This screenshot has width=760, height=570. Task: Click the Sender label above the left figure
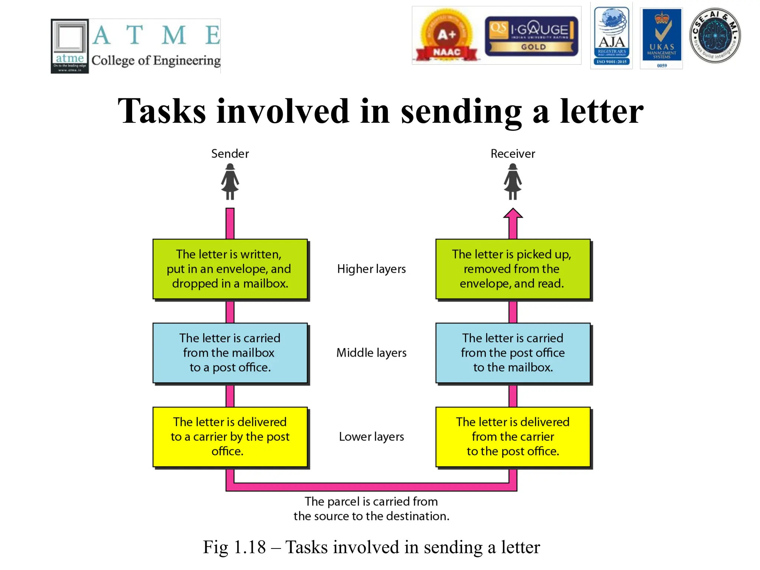click(x=230, y=154)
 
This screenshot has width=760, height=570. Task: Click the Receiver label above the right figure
click(x=512, y=154)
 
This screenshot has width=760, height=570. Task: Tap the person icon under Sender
click(x=230, y=182)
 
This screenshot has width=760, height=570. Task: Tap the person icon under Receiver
click(x=512, y=182)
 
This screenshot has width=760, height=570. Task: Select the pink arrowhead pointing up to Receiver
click(x=513, y=214)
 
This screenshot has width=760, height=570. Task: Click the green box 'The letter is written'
click(x=230, y=269)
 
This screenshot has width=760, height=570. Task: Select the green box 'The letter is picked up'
click(x=512, y=269)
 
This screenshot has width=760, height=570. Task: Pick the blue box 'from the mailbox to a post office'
click(x=230, y=353)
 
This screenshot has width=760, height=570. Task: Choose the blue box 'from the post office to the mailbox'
click(x=512, y=353)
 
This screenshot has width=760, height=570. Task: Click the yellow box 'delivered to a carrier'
click(x=230, y=437)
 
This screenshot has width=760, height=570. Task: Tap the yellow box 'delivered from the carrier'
click(x=512, y=437)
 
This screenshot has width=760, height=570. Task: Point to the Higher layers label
click(x=371, y=269)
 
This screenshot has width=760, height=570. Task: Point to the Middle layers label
click(x=371, y=353)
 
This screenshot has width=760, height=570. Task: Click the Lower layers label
click(x=371, y=437)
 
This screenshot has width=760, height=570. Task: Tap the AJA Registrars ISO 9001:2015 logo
click(x=611, y=36)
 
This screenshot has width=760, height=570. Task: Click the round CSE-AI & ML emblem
click(x=714, y=36)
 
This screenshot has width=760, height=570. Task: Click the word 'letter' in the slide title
click(x=602, y=111)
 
